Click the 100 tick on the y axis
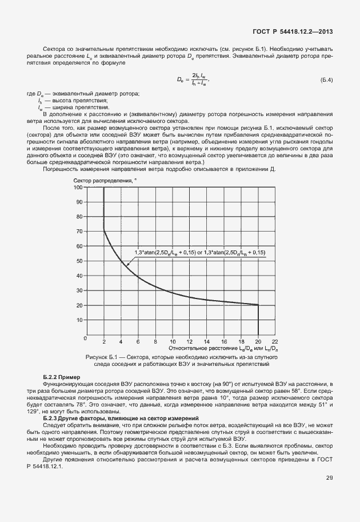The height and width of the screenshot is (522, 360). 78,186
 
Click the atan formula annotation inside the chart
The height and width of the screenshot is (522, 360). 200,252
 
